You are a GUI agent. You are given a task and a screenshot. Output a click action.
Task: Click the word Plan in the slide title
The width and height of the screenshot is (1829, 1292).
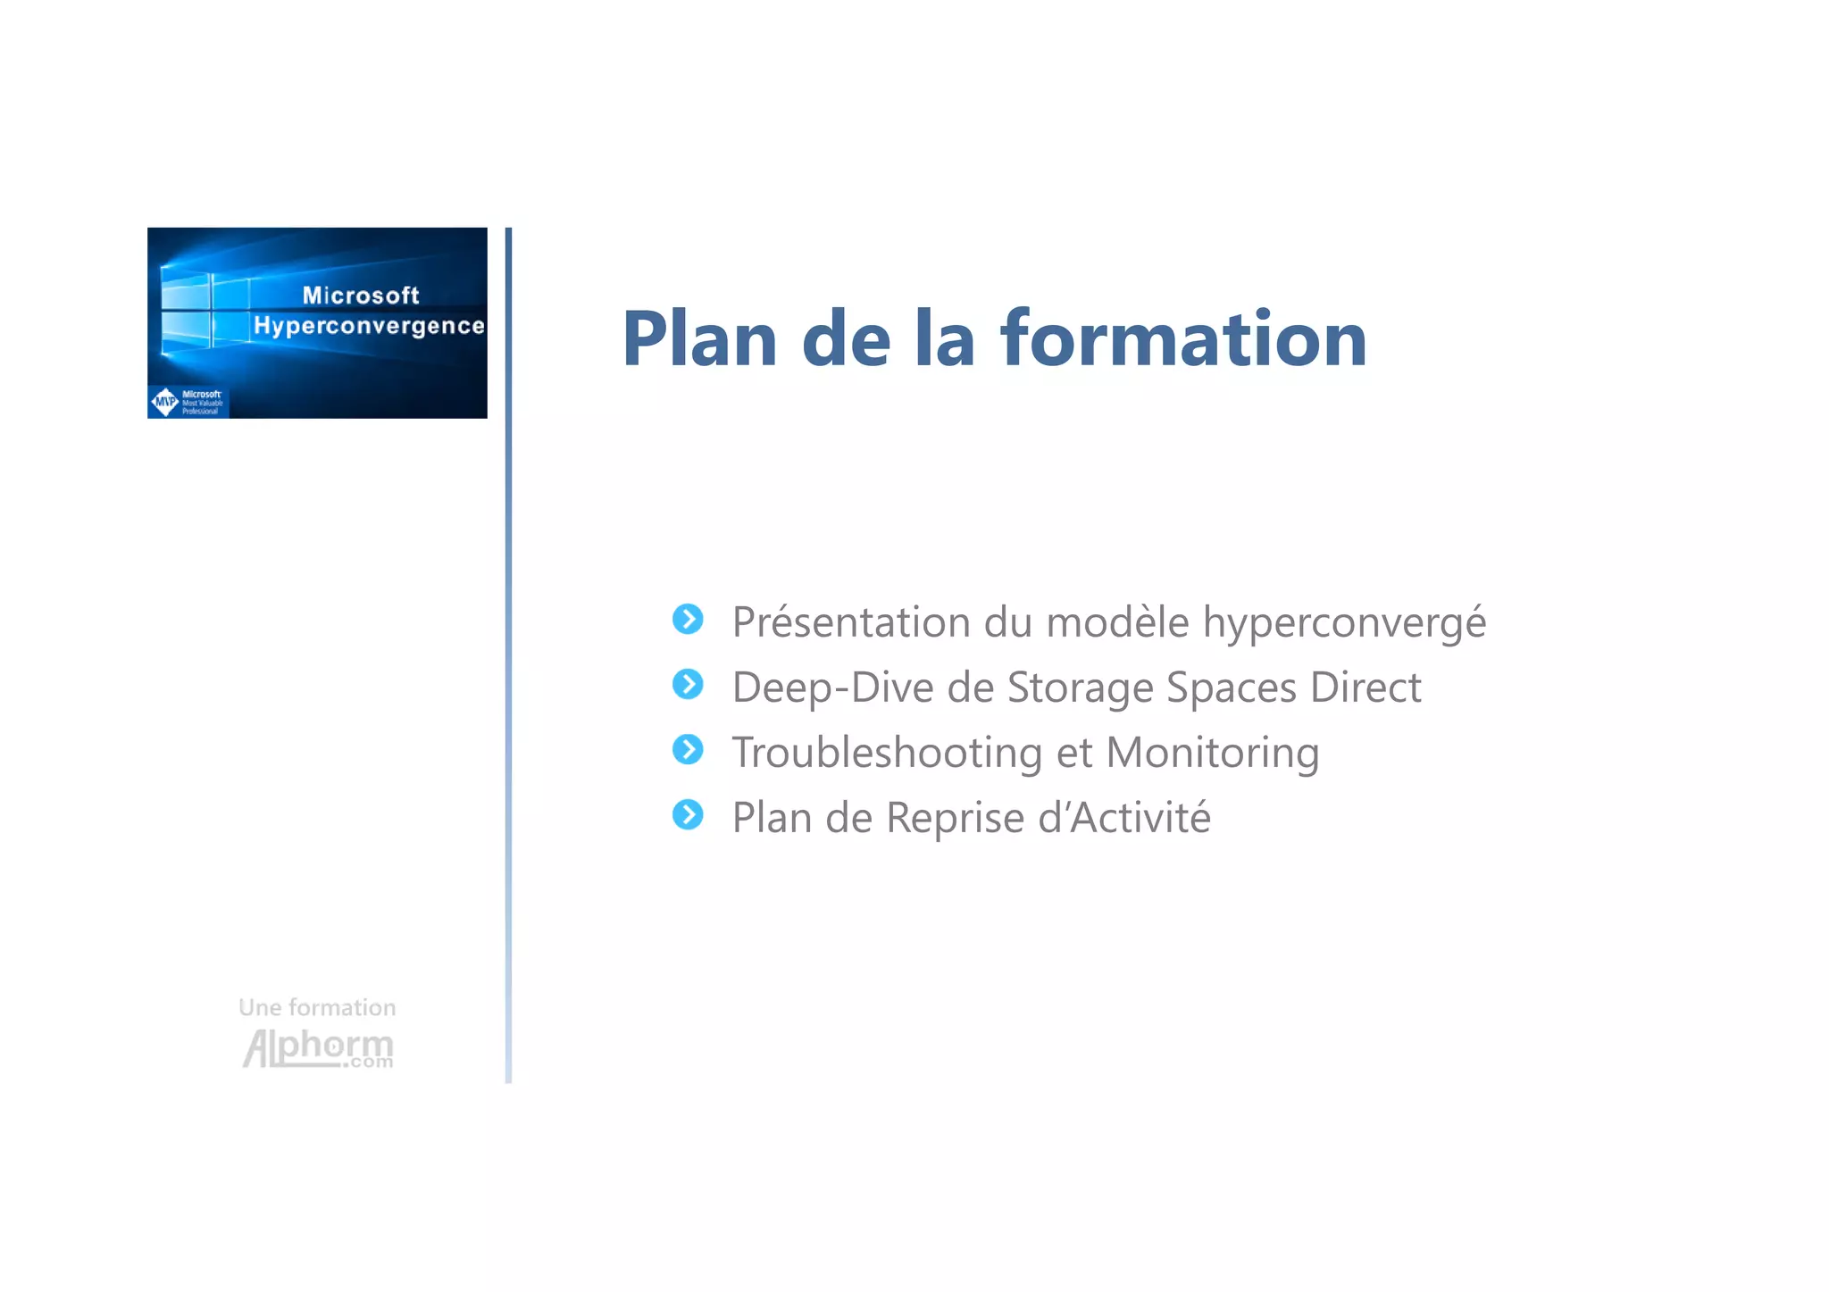(x=699, y=339)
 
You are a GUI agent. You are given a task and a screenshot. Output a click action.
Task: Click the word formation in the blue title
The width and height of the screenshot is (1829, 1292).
(x=1183, y=339)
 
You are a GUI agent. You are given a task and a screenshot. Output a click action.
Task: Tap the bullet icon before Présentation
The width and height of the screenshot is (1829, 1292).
(x=688, y=619)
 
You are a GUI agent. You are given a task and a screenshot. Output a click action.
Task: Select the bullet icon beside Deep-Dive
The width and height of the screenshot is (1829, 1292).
(x=688, y=684)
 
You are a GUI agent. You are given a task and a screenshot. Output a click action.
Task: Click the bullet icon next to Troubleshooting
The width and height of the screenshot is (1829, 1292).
(x=688, y=749)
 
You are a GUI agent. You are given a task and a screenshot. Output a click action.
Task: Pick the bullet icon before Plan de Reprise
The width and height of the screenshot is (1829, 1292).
(x=688, y=814)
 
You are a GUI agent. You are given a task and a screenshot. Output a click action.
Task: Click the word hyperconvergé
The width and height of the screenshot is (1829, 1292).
(x=1344, y=622)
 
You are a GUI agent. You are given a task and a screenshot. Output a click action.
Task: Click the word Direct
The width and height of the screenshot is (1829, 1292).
(x=1365, y=688)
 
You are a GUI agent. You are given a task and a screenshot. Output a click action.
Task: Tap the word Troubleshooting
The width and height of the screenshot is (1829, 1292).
(x=887, y=753)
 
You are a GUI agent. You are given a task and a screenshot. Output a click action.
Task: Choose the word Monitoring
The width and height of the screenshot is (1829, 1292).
(x=1212, y=753)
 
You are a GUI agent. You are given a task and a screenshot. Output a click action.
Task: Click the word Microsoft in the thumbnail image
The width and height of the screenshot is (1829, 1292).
(x=361, y=296)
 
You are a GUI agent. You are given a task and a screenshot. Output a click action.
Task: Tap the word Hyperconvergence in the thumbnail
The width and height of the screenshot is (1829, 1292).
(x=369, y=326)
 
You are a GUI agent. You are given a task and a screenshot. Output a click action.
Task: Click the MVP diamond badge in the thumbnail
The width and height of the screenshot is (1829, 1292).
(x=165, y=402)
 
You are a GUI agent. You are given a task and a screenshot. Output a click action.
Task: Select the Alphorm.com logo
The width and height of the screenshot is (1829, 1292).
(x=318, y=1048)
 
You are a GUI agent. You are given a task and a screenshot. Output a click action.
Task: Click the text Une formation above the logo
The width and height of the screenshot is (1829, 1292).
(x=317, y=1007)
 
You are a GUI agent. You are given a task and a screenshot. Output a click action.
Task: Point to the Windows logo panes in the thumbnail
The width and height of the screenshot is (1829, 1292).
(x=204, y=309)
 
